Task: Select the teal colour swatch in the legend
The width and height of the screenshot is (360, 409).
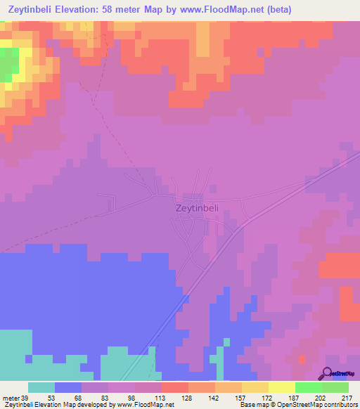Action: click(41, 387)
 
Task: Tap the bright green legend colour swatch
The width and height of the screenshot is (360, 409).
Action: click(308, 387)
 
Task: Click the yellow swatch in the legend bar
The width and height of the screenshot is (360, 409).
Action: click(281, 387)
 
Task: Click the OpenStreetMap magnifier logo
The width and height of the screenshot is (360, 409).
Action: click(327, 372)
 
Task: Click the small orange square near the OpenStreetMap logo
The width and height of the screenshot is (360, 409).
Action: click(302, 359)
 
